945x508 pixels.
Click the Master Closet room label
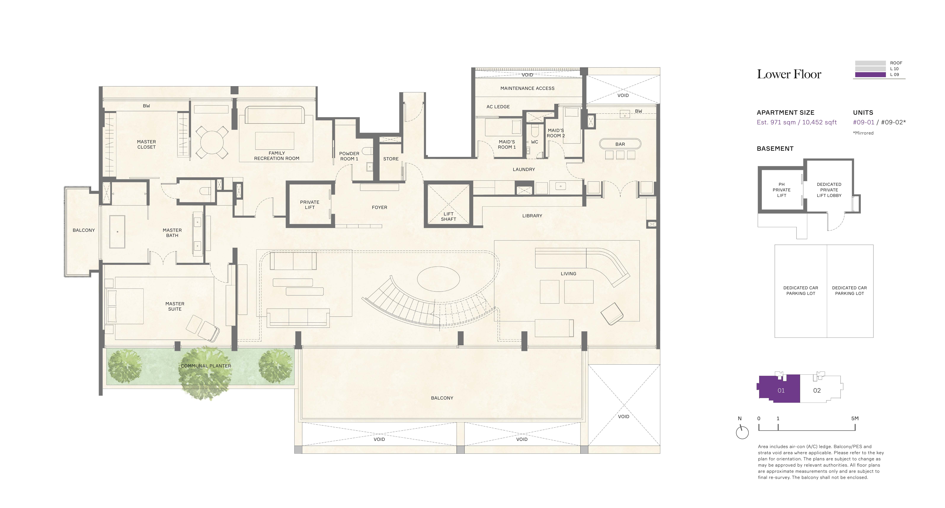pos(146,144)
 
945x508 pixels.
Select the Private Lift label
pos(310,205)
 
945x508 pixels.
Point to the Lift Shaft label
pos(448,217)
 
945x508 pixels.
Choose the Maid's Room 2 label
pos(556,133)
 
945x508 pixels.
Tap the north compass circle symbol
pos(742,433)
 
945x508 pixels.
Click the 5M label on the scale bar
pos(855,418)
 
